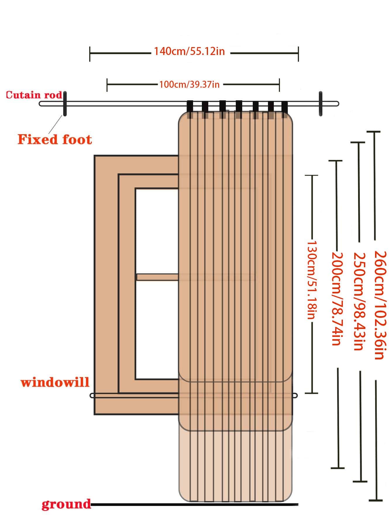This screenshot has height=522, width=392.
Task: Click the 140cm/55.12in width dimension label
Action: [x=190, y=51]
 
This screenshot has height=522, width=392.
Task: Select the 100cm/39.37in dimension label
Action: [x=189, y=85]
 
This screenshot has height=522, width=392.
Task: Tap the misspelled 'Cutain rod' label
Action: [x=34, y=95]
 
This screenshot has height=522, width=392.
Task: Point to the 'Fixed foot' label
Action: [x=55, y=139]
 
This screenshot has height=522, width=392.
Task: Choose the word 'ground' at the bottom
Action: [x=66, y=504]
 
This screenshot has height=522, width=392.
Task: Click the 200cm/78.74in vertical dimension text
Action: [x=336, y=298]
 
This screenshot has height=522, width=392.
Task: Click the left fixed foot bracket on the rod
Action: [x=65, y=104]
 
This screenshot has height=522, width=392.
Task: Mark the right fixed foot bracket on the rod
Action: [x=321, y=104]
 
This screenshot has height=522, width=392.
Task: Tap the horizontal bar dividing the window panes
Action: [x=157, y=277]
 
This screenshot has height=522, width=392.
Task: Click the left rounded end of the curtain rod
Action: [x=41, y=104]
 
